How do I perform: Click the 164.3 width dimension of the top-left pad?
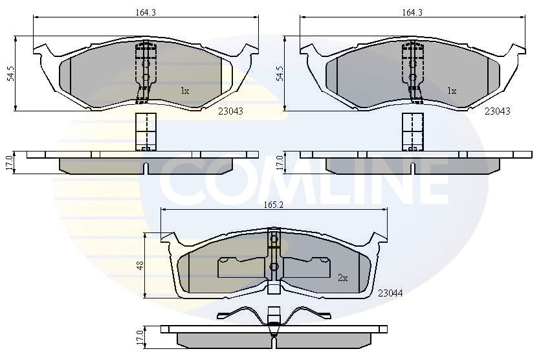146,12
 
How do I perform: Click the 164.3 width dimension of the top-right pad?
412,12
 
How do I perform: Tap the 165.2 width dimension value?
274,205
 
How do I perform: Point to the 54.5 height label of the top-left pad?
11,74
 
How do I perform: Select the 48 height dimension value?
140,265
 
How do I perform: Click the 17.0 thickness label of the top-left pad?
9,163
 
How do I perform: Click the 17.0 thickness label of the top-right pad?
279,163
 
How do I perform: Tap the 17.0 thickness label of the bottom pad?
140,338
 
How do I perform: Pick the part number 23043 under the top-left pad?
230,111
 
